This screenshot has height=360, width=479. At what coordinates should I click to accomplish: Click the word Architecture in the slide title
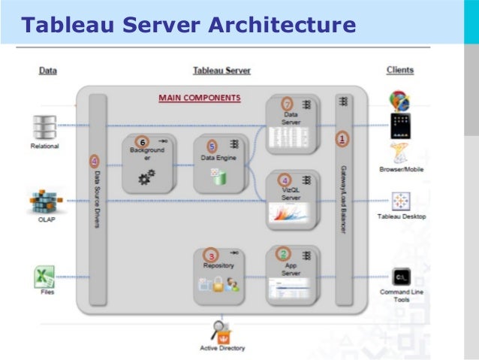tap(282, 26)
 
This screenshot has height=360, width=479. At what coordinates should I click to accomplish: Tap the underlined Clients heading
tap(399, 70)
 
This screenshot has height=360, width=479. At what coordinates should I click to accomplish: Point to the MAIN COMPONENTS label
tap(199, 98)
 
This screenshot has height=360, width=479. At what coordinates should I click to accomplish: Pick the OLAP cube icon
tap(45, 201)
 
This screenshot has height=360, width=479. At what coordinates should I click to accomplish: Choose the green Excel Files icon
tap(45, 277)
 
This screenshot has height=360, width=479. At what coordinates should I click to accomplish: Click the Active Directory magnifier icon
tap(221, 331)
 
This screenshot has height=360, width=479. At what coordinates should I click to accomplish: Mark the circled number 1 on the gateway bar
tap(343, 139)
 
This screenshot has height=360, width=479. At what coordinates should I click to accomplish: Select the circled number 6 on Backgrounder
tap(141, 141)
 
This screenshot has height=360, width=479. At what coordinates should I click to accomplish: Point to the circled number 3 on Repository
tap(212, 256)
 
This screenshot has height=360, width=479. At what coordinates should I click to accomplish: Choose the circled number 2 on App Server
tap(284, 254)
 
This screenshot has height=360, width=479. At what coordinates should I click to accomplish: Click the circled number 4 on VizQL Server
tap(285, 180)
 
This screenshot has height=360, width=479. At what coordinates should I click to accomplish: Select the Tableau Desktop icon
tap(400, 201)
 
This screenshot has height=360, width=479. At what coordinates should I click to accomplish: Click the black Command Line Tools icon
tap(400, 277)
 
